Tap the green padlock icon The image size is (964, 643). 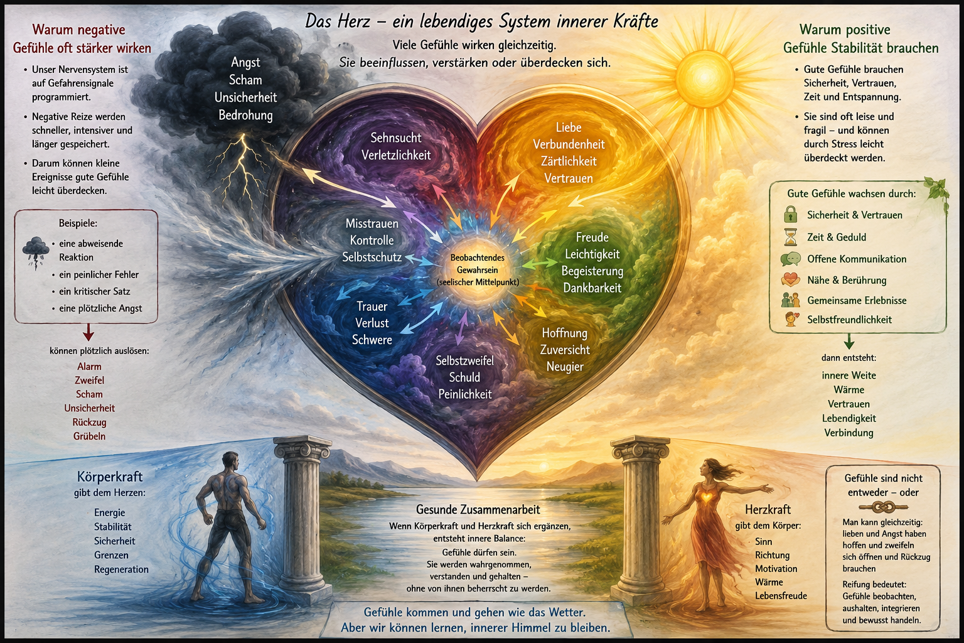click(x=790, y=214)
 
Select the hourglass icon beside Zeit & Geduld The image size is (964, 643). click(x=791, y=237)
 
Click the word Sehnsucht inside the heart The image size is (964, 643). click(x=396, y=138)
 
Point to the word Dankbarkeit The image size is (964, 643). click(x=592, y=288)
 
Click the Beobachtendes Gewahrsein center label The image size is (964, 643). click(x=478, y=270)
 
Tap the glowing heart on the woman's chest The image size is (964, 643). click(x=715, y=497)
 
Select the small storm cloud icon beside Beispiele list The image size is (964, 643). click(x=35, y=252)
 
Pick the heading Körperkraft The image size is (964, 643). click(x=110, y=477)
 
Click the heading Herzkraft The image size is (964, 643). click(x=768, y=509)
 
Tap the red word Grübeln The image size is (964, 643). click(x=90, y=436)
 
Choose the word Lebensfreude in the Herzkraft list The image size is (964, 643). click(x=781, y=596)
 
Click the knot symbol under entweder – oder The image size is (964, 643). click(x=882, y=508)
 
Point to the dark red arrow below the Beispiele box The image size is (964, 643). click(x=88, y=332)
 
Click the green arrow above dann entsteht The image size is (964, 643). click(x=849, y=341)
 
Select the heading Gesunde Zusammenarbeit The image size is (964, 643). click(x=478, y=510)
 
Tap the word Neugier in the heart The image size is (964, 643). click(x=565, y=367)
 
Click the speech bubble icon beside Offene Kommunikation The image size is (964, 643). click(x=791, y=259)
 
